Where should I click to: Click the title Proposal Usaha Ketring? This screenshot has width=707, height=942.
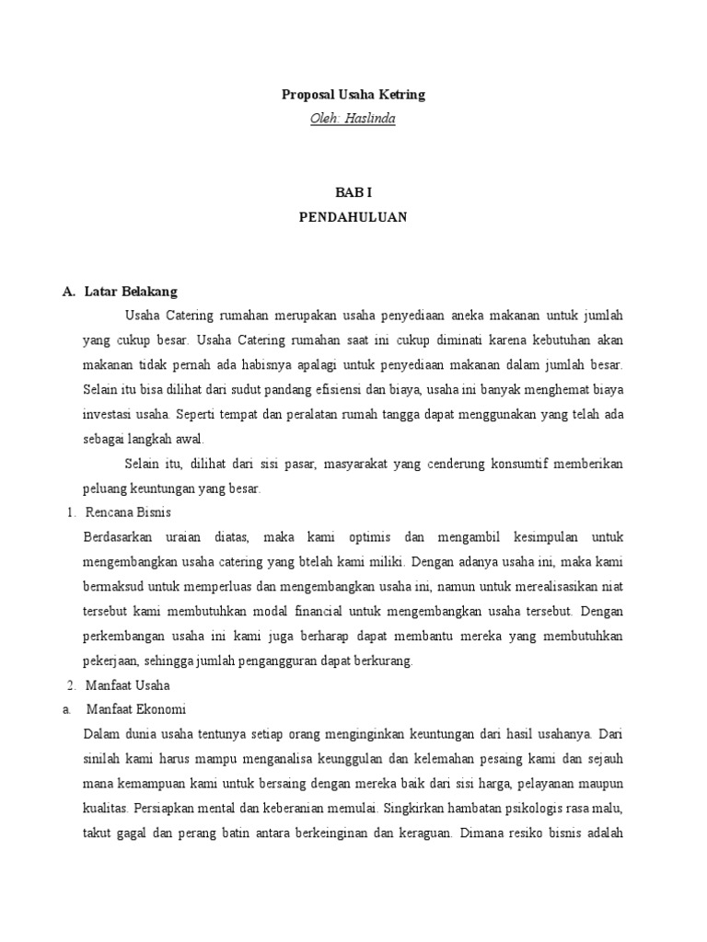[x=353, y=95]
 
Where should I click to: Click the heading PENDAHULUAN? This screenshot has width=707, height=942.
[x=353, y=218]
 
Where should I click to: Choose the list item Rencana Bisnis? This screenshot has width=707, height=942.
[x=127, y=511]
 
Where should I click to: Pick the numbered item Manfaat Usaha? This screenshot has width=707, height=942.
[x=127, y=685]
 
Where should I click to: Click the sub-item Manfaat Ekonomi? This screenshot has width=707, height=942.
[x=136, y=709]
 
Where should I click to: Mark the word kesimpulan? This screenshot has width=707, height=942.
[x=532, y=536]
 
